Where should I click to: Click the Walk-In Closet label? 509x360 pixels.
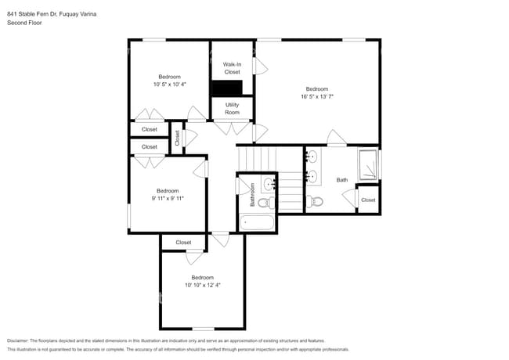[232, 68]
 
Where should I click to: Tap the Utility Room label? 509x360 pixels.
[232, 108]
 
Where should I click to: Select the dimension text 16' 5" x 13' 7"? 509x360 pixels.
[316, 96]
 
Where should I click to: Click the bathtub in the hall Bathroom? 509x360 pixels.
[258, 222]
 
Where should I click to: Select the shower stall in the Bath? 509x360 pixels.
[367, 164]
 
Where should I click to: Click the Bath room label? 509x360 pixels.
[342, 180]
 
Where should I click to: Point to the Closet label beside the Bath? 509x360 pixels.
[368, 200]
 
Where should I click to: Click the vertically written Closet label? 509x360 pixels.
[178, 139]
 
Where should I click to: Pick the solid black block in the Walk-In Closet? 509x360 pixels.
[228, 88]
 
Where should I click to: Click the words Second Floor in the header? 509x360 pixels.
[24, 23]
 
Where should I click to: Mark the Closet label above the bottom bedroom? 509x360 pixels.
[183, 243]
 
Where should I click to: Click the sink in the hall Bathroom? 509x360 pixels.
[269, 185]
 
